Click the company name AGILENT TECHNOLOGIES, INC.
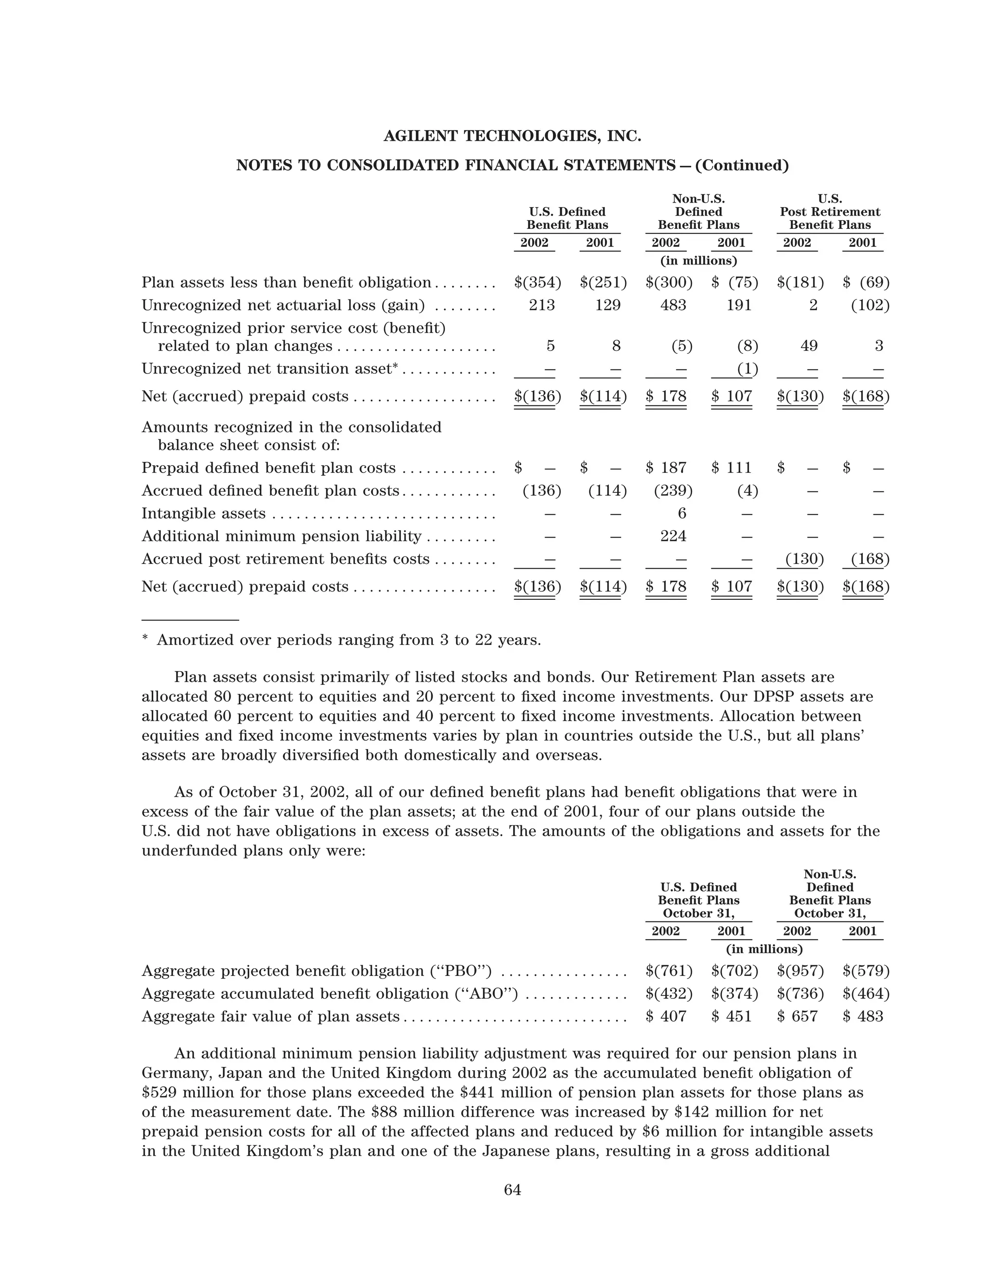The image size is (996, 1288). pos(512,136)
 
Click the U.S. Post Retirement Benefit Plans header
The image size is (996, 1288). pos(830,212)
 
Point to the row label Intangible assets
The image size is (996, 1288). pos(204,514)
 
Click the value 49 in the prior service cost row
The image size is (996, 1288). pos(808,346)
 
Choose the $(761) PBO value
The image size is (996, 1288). pos(669,971)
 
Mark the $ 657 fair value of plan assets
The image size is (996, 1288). pos(797,1016)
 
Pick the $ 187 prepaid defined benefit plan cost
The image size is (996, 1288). pos(666,468)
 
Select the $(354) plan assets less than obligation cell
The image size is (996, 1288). pos(537,282)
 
